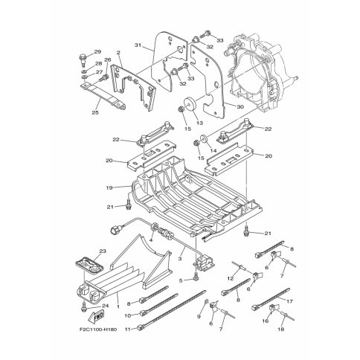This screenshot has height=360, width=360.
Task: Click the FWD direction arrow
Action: point(96,317)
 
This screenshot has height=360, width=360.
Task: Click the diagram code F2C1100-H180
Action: point(98,330)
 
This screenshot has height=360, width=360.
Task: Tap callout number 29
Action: point(97,52)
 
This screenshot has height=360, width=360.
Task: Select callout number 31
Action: point(138,45)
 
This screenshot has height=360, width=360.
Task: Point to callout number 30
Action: point(240,107)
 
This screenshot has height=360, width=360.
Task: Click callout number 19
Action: point(109,187)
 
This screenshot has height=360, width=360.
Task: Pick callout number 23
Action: point(103,251)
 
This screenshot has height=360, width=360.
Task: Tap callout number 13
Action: point(199,123)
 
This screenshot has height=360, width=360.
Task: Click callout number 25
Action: point(95,112)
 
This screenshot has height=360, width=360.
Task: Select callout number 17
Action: point(289,301)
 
